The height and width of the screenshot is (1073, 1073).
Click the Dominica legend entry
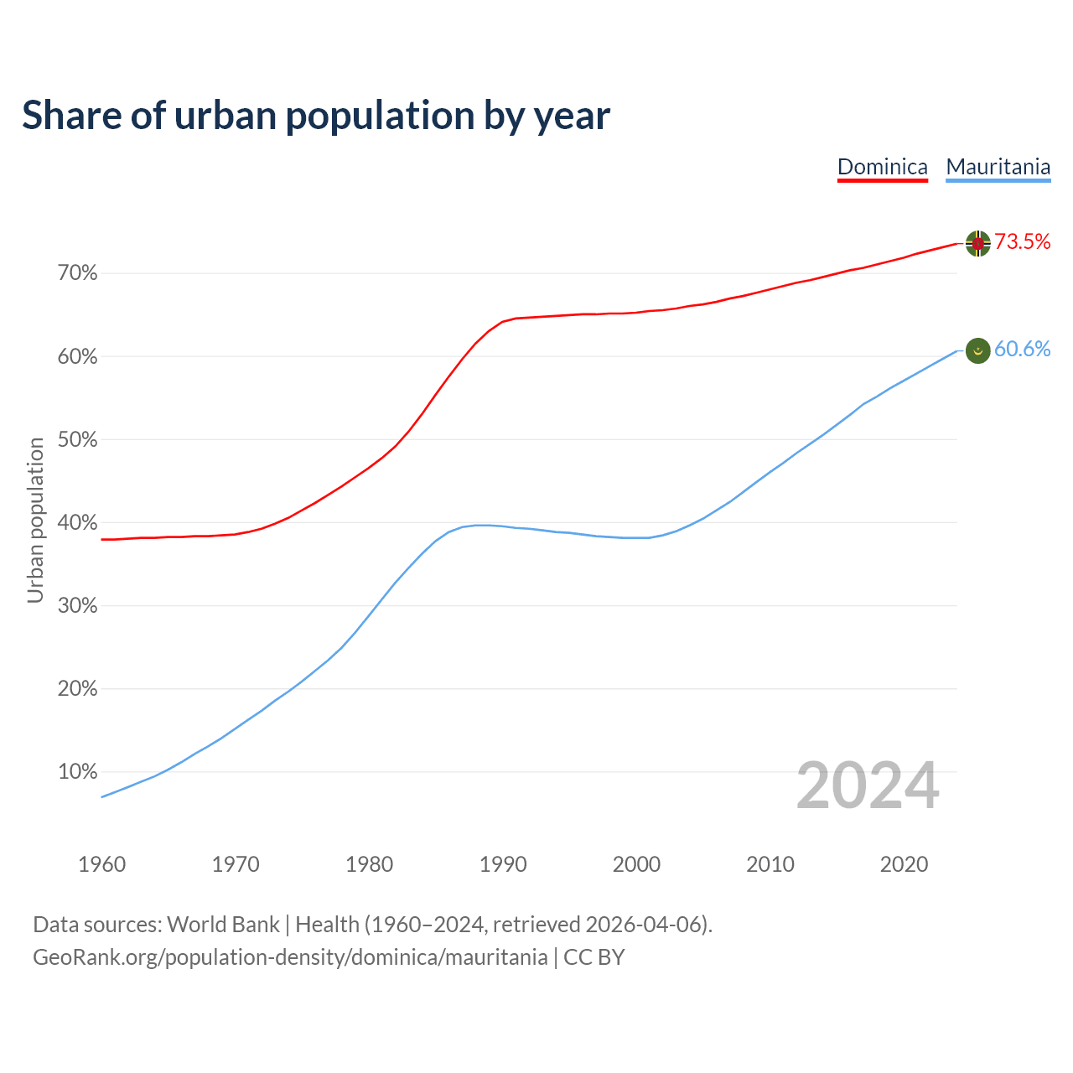883,167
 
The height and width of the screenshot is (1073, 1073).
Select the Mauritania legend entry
998,167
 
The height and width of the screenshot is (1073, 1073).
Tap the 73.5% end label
1022,242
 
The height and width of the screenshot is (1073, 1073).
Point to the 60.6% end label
1022,350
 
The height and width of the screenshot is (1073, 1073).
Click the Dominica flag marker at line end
977,243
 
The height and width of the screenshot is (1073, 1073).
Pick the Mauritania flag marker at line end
977,350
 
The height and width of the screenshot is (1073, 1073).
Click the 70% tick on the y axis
78,273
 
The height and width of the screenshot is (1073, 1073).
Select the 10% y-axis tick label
78,772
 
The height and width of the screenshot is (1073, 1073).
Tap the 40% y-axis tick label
78,523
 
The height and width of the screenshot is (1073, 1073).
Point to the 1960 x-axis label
101,864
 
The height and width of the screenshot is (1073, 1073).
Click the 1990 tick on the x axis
503,864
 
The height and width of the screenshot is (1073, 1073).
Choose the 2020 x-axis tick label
904,864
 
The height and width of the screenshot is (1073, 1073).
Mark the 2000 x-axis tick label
636,864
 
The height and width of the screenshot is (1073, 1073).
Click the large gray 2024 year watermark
868,785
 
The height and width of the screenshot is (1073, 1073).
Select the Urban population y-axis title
35,520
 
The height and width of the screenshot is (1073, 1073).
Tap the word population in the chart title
380,117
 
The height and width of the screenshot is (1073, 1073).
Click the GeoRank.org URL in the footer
290,957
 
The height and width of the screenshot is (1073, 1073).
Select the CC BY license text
594,957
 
